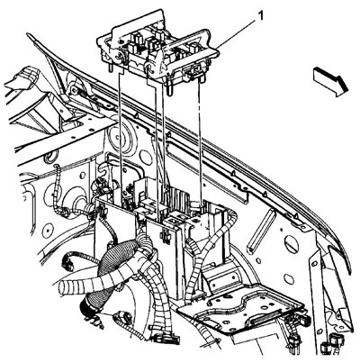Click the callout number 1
coord(261,15)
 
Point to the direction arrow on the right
coord(330,82)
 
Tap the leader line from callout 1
coord(236,33)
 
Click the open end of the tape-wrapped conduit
coord(64,288)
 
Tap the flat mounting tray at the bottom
coord(240,309)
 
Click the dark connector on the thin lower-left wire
coord(67,263)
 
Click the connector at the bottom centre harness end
coord(166,340)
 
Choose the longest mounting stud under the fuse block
coord(169,87)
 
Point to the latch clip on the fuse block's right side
coord(194,72)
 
